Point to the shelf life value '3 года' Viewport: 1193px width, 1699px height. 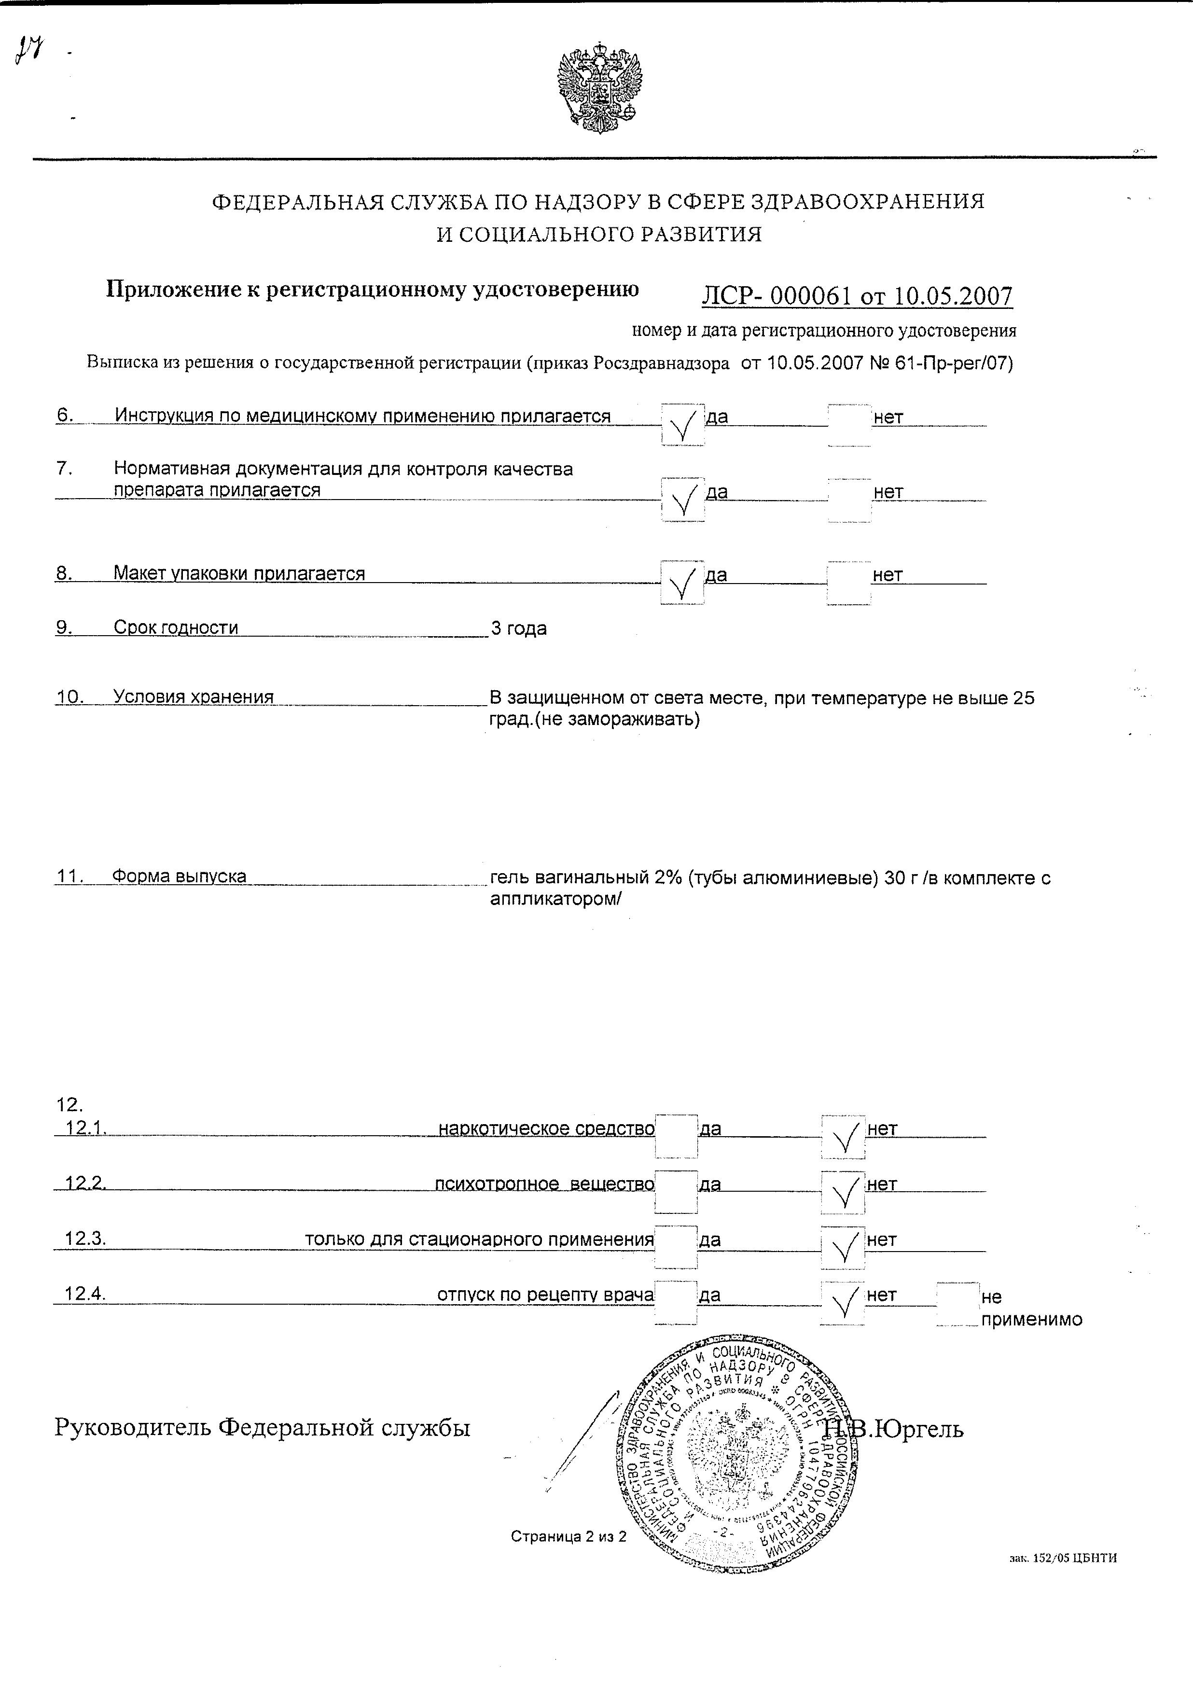point(519,628)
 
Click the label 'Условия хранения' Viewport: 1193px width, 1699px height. point(193,696)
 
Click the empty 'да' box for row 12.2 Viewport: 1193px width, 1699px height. point(677,1192)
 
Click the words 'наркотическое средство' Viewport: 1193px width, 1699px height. point(546,1128)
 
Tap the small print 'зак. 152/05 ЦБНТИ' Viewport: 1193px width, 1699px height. point(1063,1558)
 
